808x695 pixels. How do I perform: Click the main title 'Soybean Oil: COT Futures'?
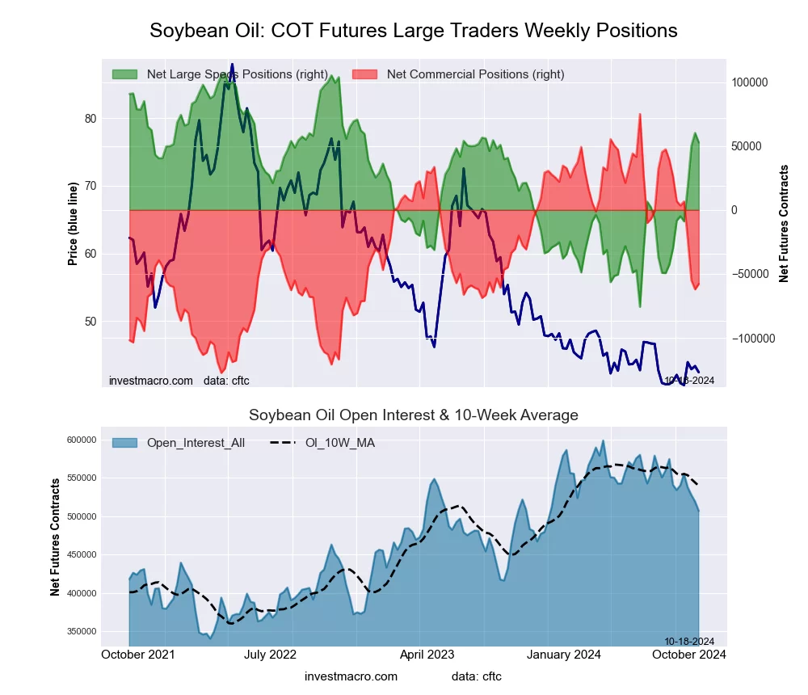point(413,31)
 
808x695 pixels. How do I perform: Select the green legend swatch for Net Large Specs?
point(124,74)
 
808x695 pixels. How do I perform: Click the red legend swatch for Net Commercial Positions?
point(365,74)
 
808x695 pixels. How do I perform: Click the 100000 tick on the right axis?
point(748,83)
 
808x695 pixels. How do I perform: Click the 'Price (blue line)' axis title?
point(73,224)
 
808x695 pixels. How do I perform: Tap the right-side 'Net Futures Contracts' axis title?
point(784,224)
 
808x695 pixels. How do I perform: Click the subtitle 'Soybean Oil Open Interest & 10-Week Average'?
point(413,415)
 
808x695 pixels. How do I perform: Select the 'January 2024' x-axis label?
point(565,655)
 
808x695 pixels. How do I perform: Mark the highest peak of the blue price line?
point(232,65)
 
